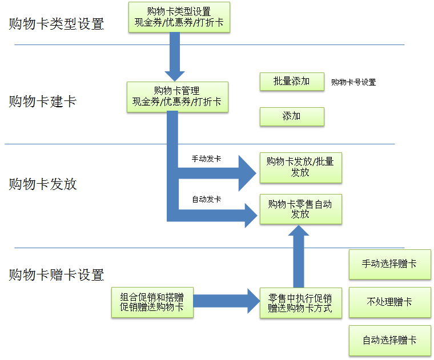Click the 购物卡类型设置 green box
[x=179, y=17]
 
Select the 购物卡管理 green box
[x=177, y=96]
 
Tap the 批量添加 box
[x=291, y=82]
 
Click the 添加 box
[x=291, y=116]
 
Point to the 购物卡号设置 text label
[x=353, y=82]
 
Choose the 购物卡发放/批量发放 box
[x=300, y=167]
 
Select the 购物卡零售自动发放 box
[x=300, y=209]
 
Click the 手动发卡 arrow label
[x=207, y=159]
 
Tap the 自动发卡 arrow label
[x=207, y=199]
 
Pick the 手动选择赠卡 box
[x=389, y=264]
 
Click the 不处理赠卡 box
[x=389, y=302]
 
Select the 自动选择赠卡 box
[x=389, y=340]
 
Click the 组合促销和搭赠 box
[x=152, y=302]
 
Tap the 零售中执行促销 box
[x=300, y=303]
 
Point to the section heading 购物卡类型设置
[x=57, y=24]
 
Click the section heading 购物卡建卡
[x=43, y=102]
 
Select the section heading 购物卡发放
[x=43, y=184]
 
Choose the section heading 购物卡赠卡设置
[x=57, y=275]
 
